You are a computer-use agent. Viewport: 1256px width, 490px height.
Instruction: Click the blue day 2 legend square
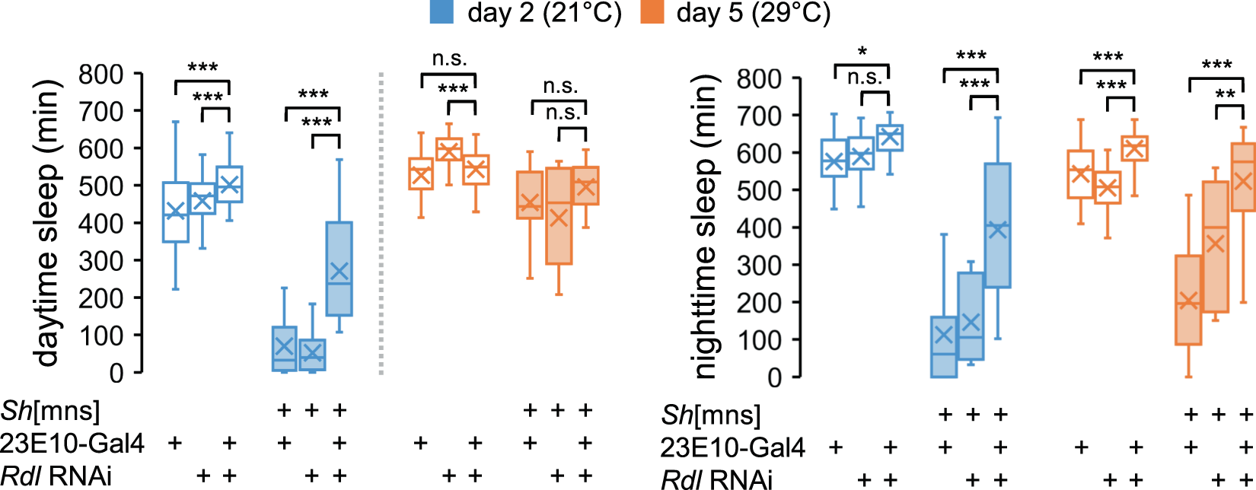coord(442,12)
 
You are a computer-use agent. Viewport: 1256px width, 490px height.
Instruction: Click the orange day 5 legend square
coord(652,12)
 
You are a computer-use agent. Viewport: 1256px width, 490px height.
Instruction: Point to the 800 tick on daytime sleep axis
coord(102,74)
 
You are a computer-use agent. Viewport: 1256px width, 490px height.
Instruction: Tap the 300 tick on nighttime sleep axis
coord(759,265)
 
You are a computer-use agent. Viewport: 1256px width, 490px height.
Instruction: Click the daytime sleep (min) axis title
coord(48,223)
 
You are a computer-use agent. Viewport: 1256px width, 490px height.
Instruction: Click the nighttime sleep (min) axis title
coord(706,227)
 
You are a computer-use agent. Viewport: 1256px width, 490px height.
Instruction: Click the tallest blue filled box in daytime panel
coord(339,269)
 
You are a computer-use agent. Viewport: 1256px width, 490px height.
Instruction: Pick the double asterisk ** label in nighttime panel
coord(1225,95)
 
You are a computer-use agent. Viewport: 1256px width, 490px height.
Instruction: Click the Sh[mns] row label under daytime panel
coord(50,411)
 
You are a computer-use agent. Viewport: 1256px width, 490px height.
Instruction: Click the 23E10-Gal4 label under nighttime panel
coord(732,447)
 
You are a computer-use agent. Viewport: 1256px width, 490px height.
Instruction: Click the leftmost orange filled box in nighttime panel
coord(1187,300)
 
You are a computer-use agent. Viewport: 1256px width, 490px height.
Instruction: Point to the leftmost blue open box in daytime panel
coord(176,212)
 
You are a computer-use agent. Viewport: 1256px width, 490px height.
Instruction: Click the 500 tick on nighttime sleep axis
coord(759,190)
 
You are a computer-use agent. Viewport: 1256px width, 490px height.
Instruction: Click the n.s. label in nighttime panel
coord(865,77)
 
